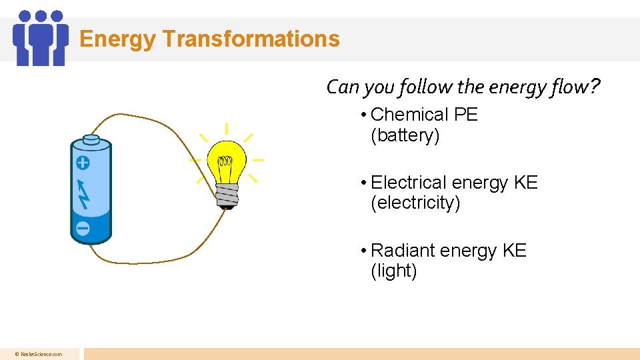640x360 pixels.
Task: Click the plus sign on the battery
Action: [x=83, y=163]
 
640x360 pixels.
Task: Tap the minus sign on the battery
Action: [x=83, y=228]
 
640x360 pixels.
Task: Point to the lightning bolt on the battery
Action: [x=83, y=193]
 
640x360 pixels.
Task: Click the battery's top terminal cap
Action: [x=91, y=139]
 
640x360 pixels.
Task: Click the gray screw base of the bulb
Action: [x=227, y=195]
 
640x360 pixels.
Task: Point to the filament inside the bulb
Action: [x=226, y=161]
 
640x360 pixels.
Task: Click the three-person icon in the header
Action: [x=41, y=37]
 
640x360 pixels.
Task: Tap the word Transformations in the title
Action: [x=251, y=39]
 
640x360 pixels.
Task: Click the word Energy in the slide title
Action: [x=118, y=39]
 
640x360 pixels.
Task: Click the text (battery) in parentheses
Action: [x=405, y=135]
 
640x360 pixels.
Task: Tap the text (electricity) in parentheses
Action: [x=415, y=203]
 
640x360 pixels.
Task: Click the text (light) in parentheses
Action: [x=394, y=271]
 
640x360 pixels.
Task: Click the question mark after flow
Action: [x=594, y=87]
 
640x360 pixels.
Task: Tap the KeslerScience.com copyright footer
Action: [x=39, y=354]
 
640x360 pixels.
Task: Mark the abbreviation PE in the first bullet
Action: [x=465, y=115]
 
